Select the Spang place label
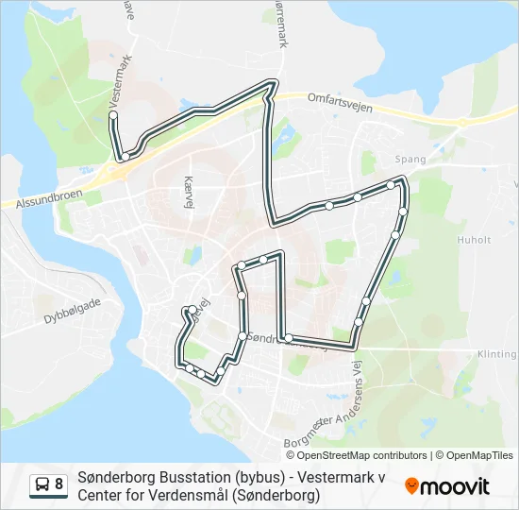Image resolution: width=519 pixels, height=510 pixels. tap(411, 161)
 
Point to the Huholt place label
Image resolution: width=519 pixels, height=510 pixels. tap(474, 240)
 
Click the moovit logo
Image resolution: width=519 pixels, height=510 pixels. tap(447, 486)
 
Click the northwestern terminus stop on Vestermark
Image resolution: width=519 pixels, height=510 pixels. tap(113, 115)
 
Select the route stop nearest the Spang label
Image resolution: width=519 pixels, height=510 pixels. tap(391, 185)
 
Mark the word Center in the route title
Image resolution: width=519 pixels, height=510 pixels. tap(101, 495)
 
